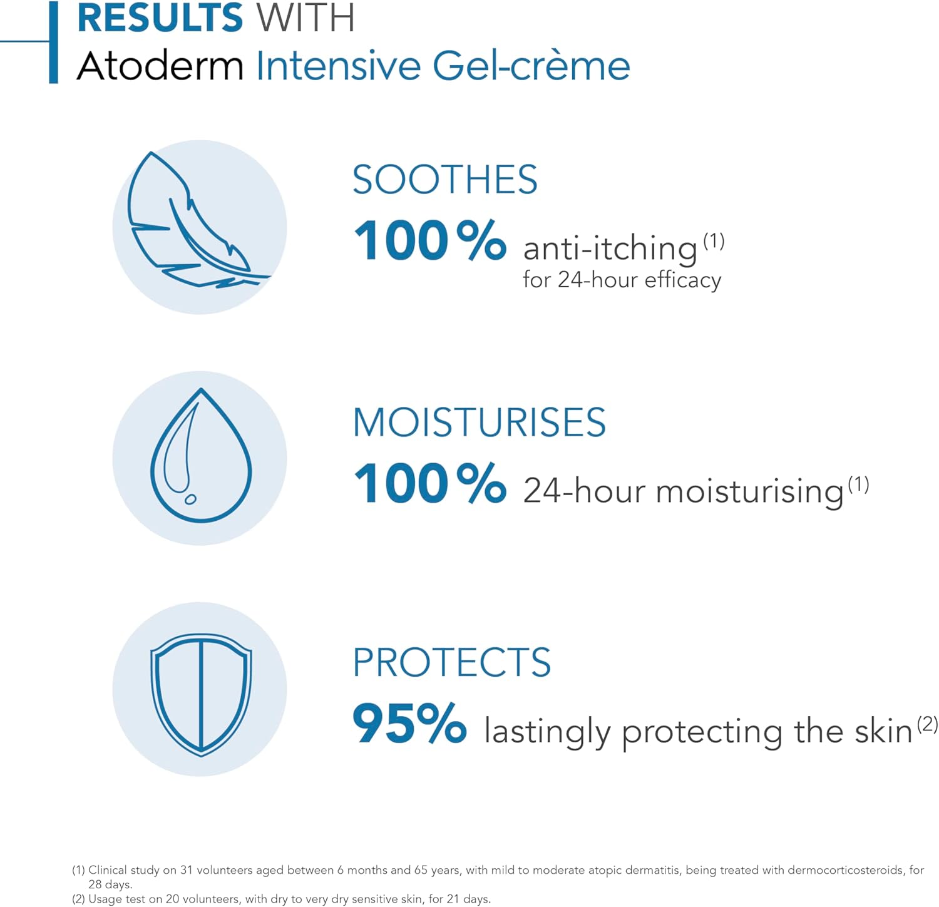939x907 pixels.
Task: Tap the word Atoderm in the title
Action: pyautogui.click(x=160, y=66)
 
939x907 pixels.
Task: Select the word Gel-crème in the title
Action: pyautogui.click(x=531, y=66)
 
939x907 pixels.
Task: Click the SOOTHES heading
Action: pyautogui.click(x=444, y=180)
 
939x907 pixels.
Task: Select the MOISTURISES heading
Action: pyautogui.click(x=479, y=423)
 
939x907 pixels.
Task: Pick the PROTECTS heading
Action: pyautogui.click(x=451, y=662)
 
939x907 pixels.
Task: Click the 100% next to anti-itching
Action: pyautogui.click(x=430, y=241)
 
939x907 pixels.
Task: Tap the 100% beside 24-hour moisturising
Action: pyautogui.click(x=430, y=483)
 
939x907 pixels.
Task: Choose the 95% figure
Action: pyautogui.click(x=409, y=724)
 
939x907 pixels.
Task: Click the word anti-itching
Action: pyautogui.click(x=610, y=249)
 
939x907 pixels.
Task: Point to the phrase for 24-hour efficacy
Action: pyautogui.click(x=622, y=279)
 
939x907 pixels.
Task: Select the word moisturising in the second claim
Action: pyautogui.click(x=749, y=491)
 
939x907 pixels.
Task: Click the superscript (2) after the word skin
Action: pyautogui.click(x=927, y=724)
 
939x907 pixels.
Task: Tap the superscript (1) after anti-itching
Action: pyautogui.click(x=714, y=241)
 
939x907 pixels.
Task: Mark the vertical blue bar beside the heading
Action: pyautogui.click(x=53, y=42)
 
